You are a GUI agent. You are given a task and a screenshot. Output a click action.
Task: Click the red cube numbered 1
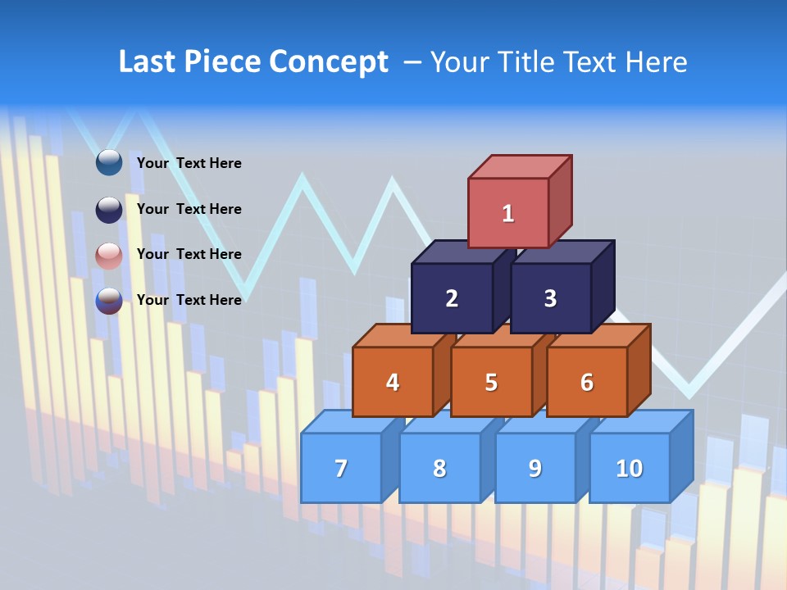[508, 212]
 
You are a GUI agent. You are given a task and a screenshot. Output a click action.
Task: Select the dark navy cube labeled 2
[452, 298]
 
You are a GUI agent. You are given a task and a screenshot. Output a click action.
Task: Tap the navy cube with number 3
[550, 298]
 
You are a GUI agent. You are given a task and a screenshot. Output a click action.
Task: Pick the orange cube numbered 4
[393, 382]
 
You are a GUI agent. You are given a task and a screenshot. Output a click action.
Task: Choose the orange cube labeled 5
[491, 382]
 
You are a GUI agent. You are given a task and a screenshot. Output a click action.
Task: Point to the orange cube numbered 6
[587, 382]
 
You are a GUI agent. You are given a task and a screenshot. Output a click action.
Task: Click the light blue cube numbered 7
[341, 468]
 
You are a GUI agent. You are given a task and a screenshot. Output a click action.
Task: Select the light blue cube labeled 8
[439, 468]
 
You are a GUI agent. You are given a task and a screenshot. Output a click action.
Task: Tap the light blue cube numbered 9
[535, 468]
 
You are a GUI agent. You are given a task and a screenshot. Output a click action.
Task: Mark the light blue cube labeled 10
[629, 468]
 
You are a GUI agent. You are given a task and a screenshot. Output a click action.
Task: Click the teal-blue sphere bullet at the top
[109, 162]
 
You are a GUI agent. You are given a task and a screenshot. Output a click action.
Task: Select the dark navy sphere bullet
[109, 209]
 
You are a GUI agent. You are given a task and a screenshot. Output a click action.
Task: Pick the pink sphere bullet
[109, 255]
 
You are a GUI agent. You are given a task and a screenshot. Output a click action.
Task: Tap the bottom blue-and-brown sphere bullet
[109, 300]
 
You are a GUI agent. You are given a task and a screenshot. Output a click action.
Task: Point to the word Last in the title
[148, 62]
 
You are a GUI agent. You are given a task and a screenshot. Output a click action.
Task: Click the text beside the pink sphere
[189, 254]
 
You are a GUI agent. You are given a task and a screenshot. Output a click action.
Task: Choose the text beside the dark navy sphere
[189, 209]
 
